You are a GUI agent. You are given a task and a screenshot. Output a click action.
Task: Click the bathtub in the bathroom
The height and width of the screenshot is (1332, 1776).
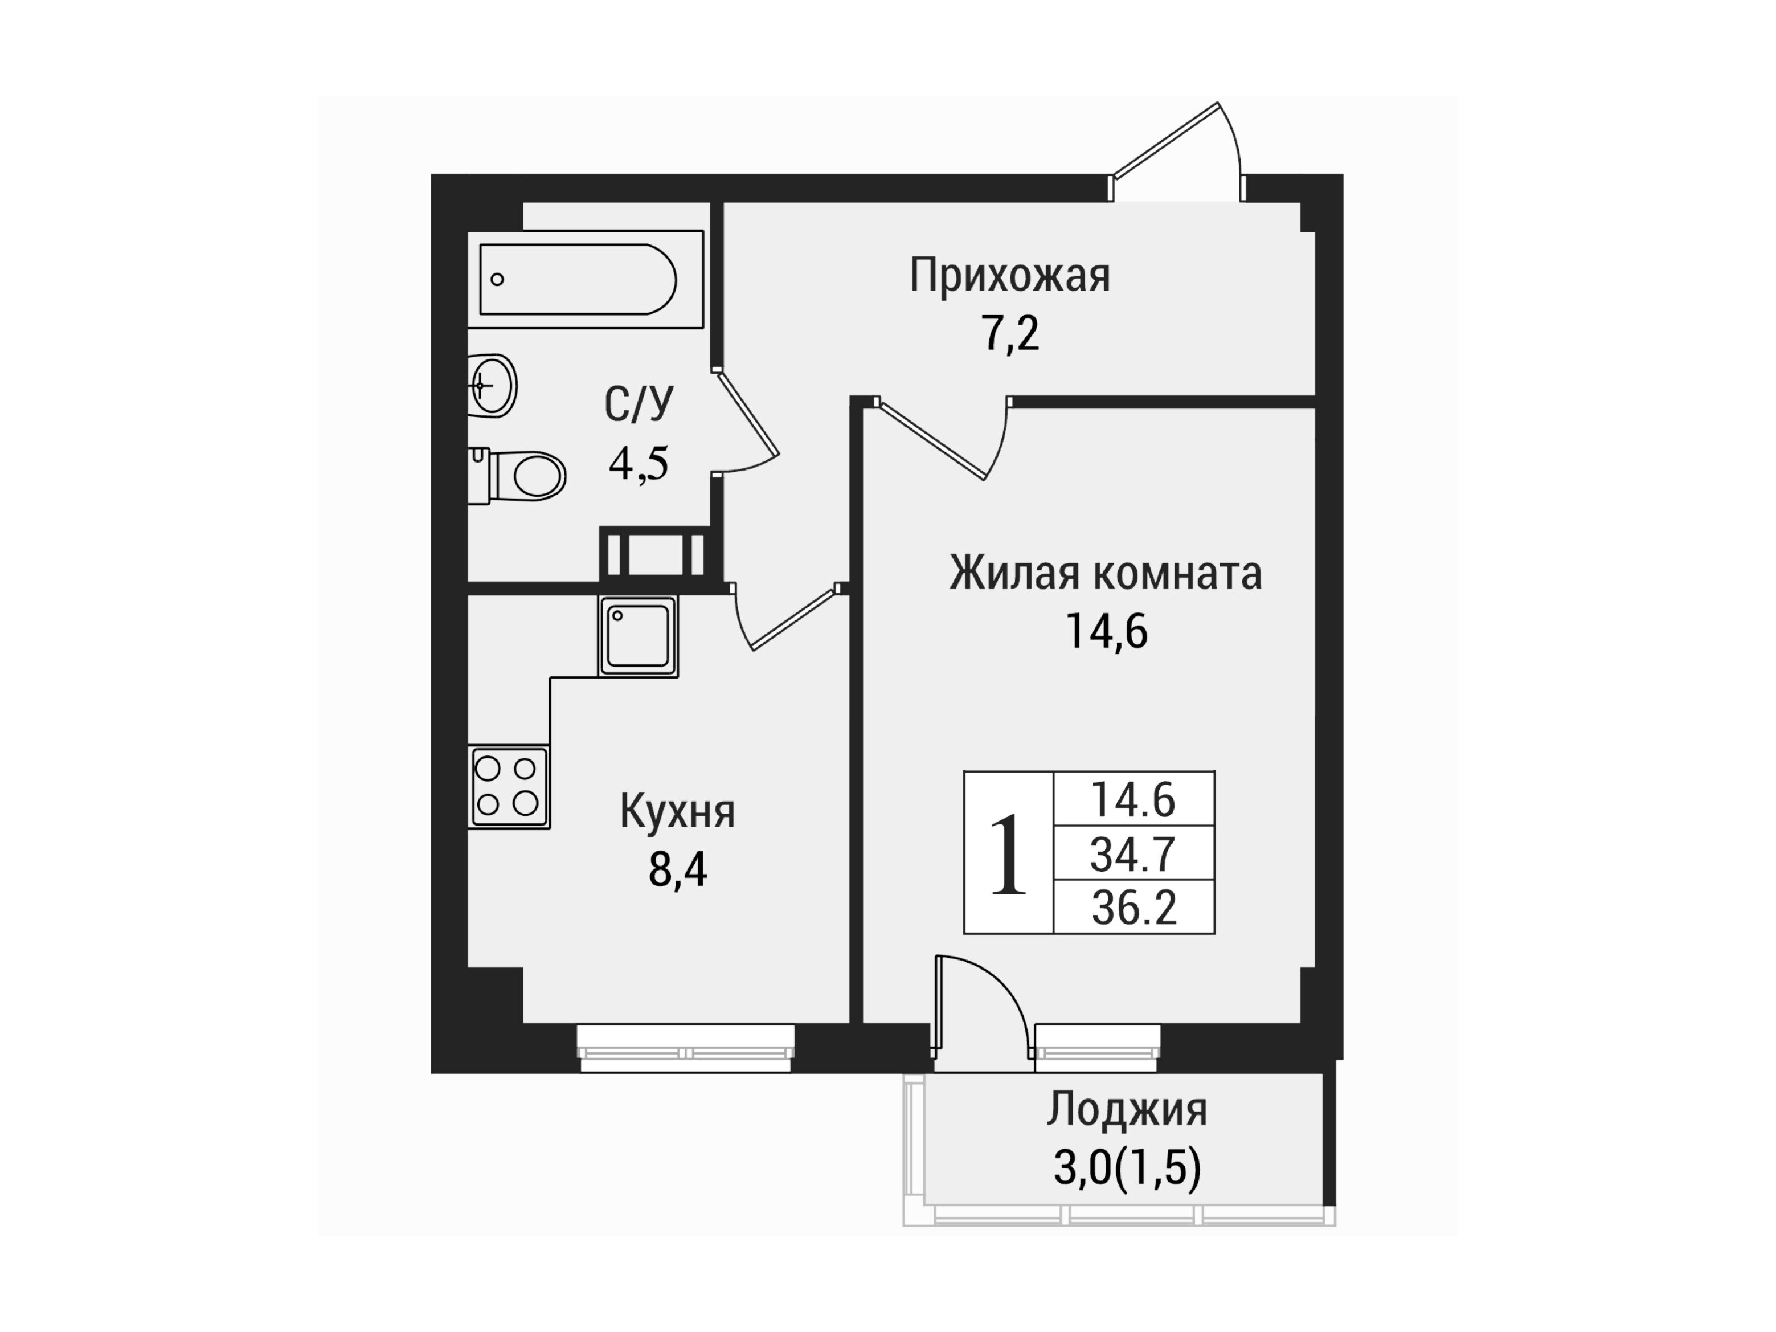pos(586,279)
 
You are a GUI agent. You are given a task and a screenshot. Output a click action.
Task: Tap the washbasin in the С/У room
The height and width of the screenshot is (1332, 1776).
pos(492,385)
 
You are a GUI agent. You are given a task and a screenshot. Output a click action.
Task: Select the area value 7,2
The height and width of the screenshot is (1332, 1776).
pos(1010,334)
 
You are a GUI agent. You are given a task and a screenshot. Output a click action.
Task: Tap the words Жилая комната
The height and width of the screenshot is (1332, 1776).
pos(1106,573)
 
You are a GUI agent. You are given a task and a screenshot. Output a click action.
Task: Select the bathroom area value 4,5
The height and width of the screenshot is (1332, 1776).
pos(639,463)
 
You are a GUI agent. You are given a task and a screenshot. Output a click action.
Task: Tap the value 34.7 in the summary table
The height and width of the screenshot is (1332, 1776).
pos(1133,853)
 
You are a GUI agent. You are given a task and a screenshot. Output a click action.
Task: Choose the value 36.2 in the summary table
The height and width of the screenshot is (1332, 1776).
pos(1133,907)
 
